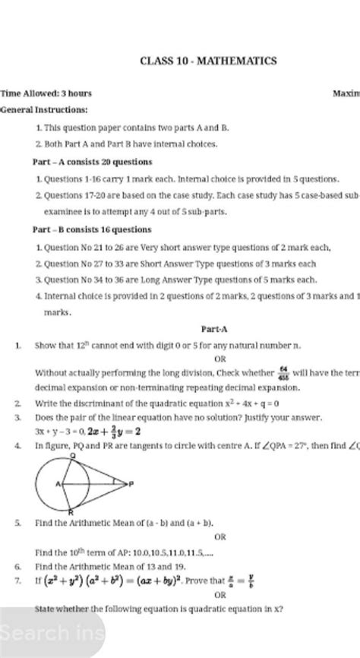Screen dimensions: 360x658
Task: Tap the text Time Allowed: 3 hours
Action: click(x=46, y=93)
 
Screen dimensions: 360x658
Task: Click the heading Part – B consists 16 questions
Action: click(x=93, y=229)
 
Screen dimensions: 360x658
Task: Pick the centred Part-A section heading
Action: click(x=211, y=330)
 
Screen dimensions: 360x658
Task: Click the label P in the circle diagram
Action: click(x=131, y=483)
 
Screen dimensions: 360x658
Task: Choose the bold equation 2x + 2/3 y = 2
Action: click(x=115, y=431)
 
